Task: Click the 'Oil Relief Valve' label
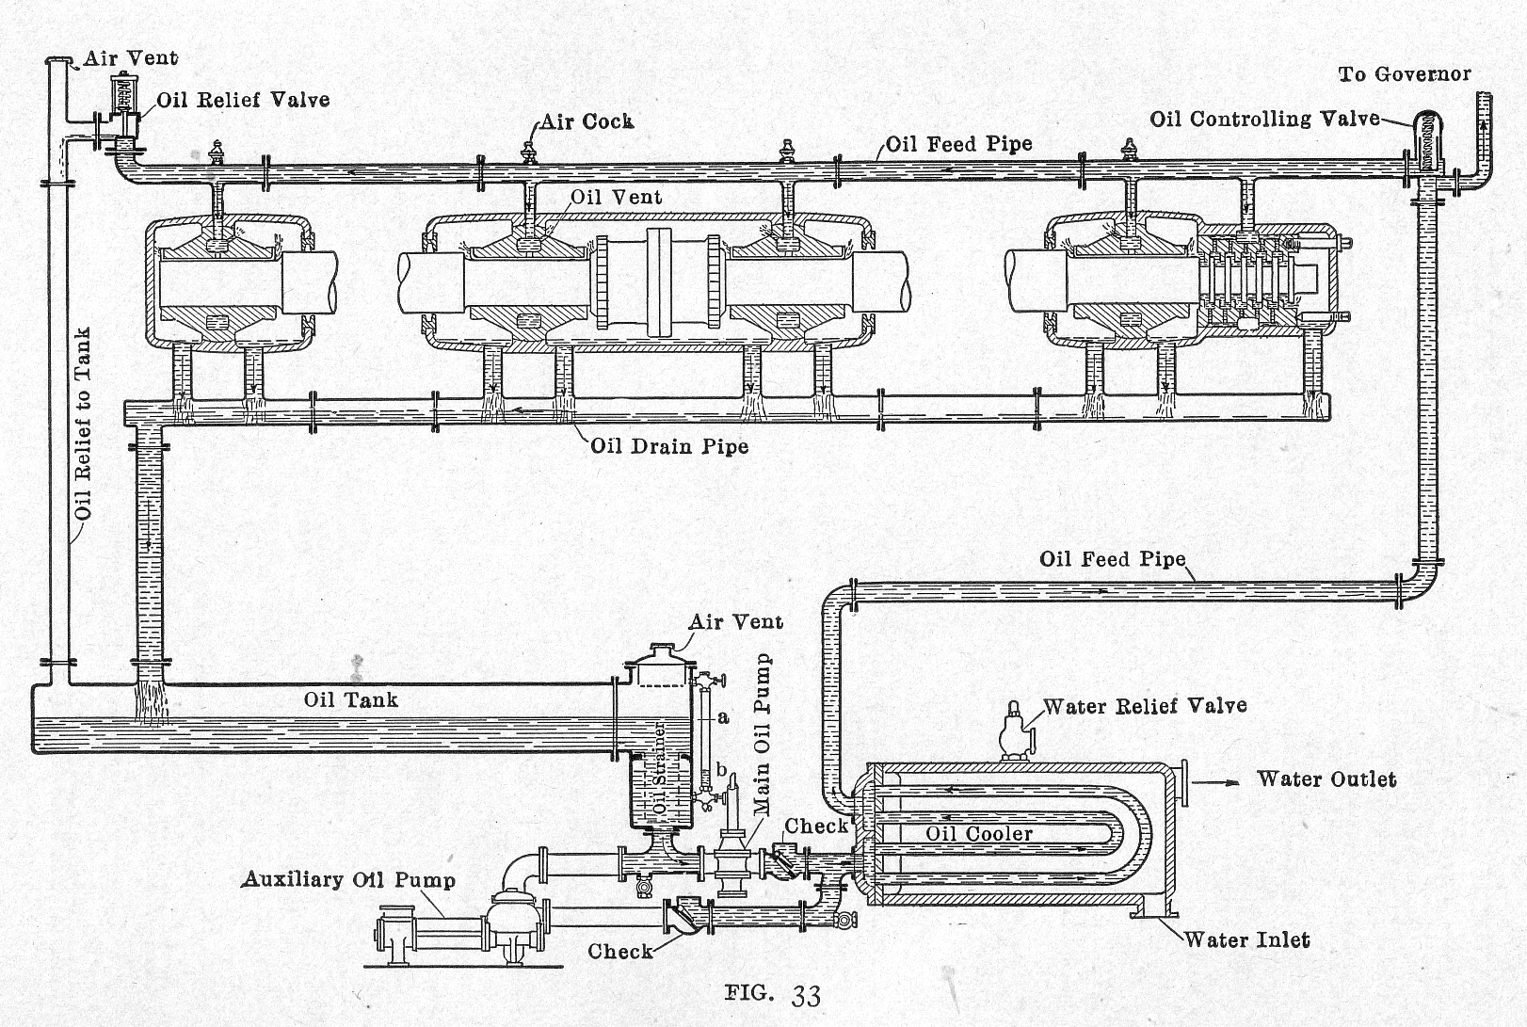[x=243, y=99]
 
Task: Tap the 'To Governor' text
[x=1404, y=73]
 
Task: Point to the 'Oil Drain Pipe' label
[x=669, y=445]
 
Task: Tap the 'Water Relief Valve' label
[x=1145, y=705]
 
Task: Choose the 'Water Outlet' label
[x=1326, y=778]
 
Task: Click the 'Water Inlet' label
[x=1246, y=939]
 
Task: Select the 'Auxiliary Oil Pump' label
[x=348, y=879]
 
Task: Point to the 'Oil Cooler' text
[x=979, y=833]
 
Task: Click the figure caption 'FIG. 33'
[x=773, y=994]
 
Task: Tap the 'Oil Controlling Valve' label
[x=1264, y=119]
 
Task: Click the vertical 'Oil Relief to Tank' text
[x=84, y=424]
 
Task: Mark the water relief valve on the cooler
[x=1014, y=730]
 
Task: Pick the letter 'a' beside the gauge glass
[x=723, y=717]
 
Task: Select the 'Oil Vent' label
[x=617, y=197]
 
